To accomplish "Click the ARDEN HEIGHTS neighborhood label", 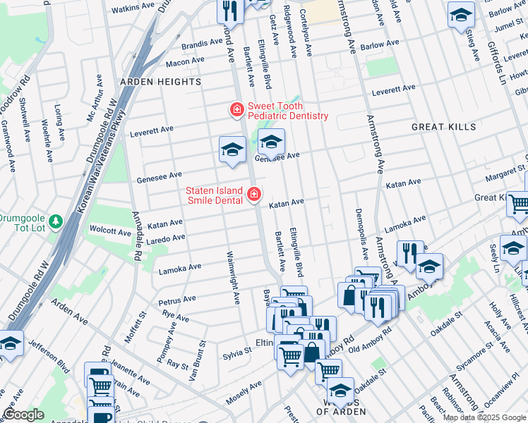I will (x=160, y=82).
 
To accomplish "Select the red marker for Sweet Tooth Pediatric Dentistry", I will (x=236, y=110).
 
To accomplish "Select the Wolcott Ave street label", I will (x=110, y=231).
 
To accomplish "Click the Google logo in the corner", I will (x=23, y=415).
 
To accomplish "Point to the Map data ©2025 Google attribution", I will (x=484, y=417).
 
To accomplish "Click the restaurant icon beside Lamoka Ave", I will (x=409, y=253).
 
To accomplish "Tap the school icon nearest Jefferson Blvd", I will (x=10, y=345).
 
